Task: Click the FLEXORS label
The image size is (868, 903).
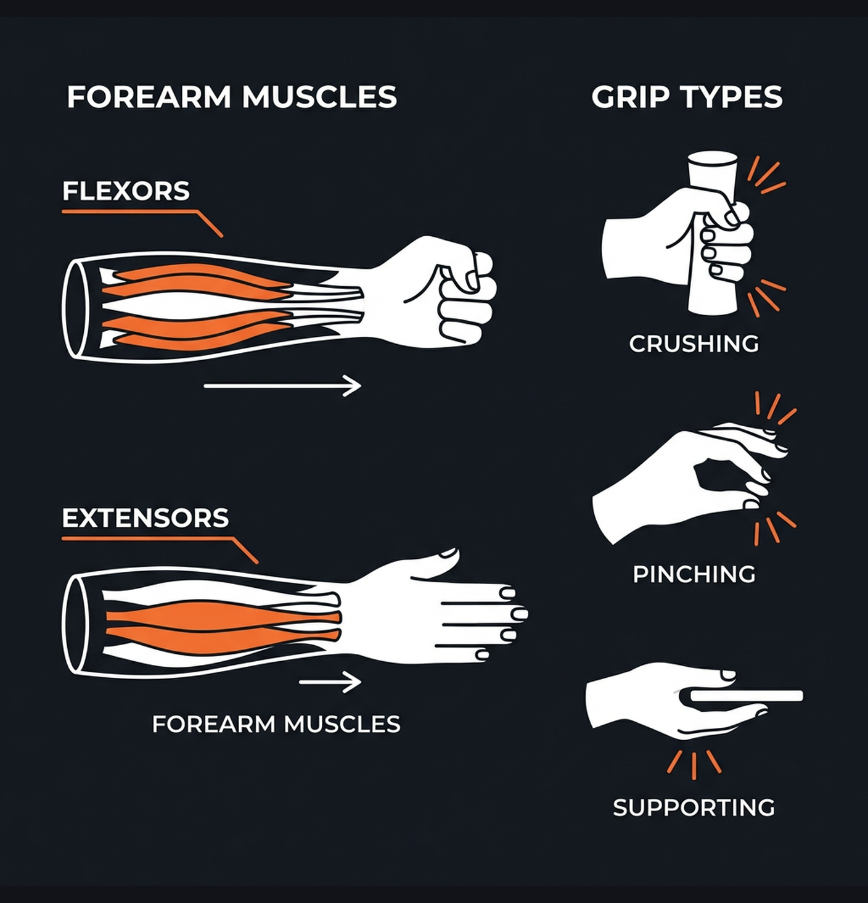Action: point(126,191)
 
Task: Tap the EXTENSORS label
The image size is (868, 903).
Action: point(145,518)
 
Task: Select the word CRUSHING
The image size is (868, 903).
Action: point(694,344)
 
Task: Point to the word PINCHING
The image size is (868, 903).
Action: point(694,574)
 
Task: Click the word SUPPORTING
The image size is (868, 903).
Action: point(694,807)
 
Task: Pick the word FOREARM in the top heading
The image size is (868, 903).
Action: point(149,97)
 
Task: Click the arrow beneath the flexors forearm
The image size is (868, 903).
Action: point(282,386)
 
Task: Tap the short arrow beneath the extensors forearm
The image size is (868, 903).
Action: point(330,683)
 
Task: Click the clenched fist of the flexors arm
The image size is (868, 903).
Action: point(459,296)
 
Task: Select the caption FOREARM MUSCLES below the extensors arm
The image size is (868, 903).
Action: point(276,724)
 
